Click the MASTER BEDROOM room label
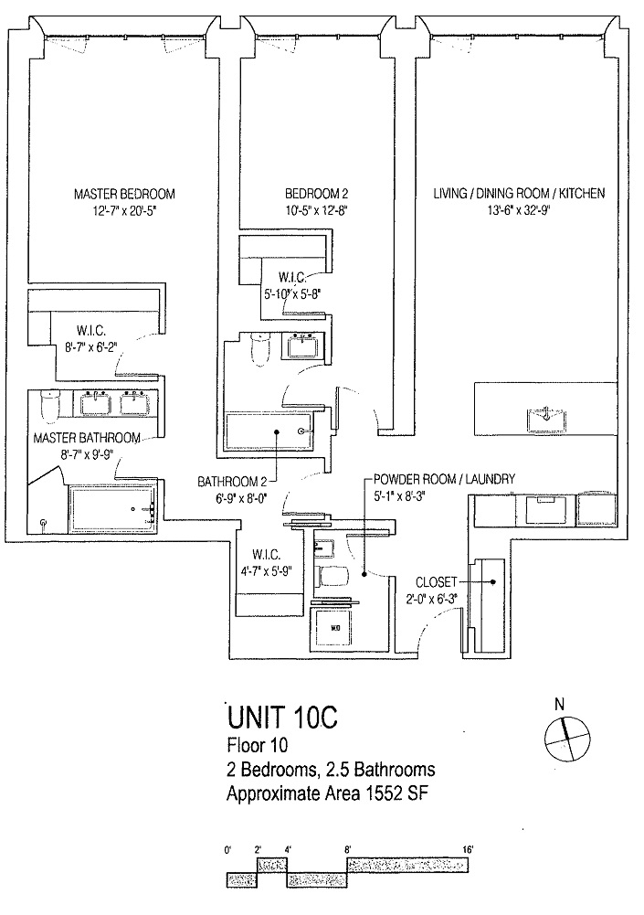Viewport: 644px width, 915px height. pos(124,194)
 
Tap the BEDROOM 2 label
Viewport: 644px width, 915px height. pos(317,194)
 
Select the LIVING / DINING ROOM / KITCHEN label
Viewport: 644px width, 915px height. pos(518,194)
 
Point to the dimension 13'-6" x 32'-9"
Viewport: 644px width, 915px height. pos(518,209)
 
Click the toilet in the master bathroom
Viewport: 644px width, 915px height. pos(51,401)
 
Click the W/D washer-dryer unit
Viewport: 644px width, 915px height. pos(334,627)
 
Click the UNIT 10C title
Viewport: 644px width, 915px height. pos(281,716)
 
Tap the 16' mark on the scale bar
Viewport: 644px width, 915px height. pos(467,850)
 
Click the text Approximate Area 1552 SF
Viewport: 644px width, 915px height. pos(327,794)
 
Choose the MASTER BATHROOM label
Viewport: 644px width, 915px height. pos(87,438)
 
